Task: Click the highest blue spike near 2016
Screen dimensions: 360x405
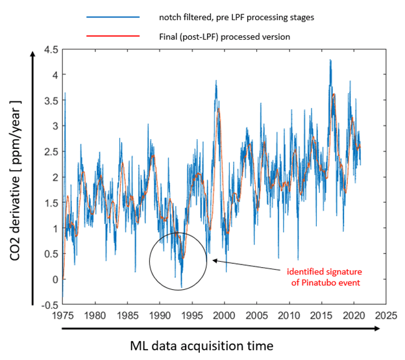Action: click(330, 60)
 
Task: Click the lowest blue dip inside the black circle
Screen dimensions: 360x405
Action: click(181, 287)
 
